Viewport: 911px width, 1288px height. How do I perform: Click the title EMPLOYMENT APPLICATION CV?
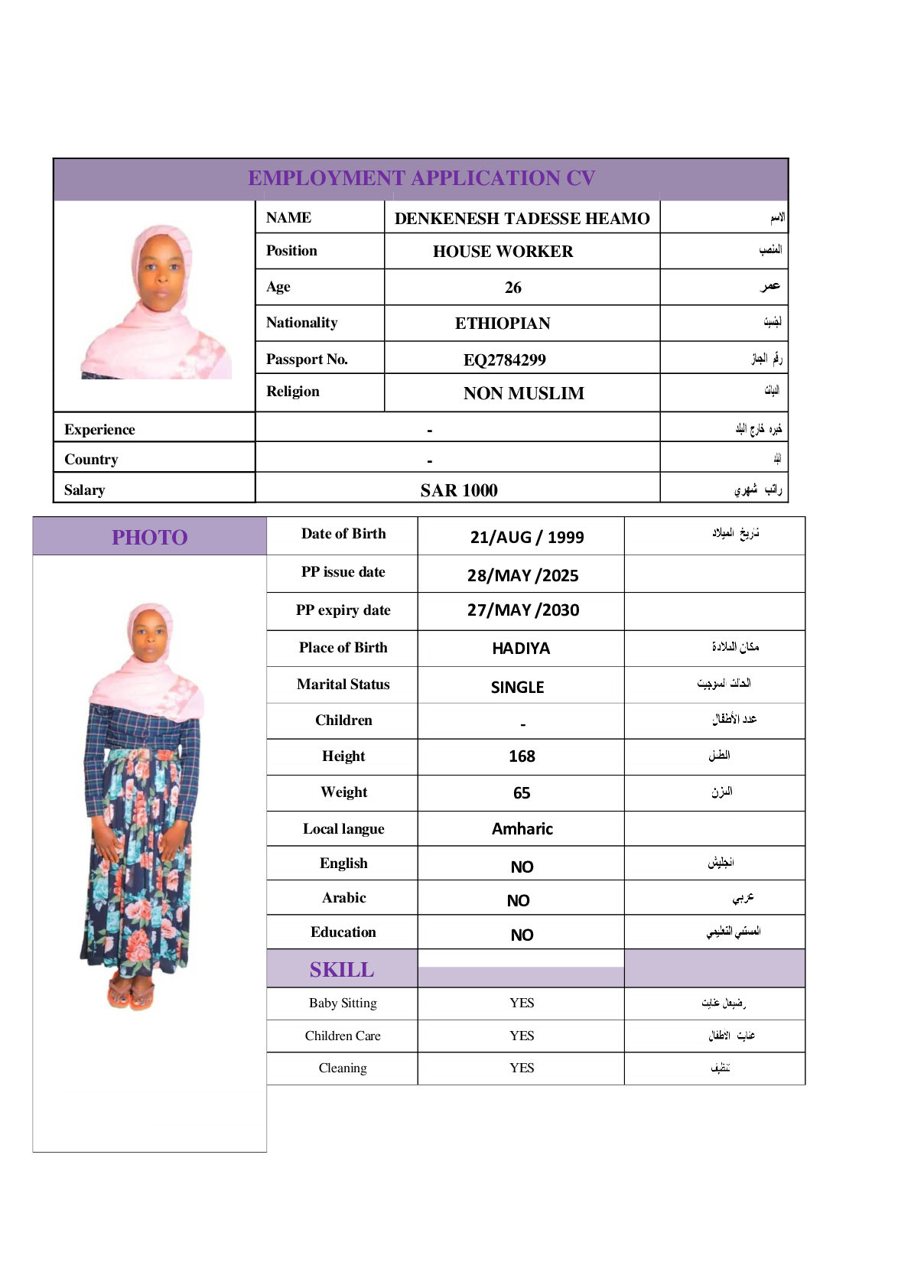coord(421,178)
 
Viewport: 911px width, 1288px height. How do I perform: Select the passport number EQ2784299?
coord(505,359)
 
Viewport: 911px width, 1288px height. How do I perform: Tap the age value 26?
coord(513,288)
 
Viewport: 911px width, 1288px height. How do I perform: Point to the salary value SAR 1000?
coord(459,490)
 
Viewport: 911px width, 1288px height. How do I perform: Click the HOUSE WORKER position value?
coord(503,252)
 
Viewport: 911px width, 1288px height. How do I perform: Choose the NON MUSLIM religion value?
coord(523,393)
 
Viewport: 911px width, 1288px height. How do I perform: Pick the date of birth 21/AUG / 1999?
coord(527,537)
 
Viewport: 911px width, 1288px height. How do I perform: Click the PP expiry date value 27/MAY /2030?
coord(523,610)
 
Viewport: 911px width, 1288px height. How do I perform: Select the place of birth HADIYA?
coord(521,649)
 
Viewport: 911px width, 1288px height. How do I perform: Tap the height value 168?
coord(522,756)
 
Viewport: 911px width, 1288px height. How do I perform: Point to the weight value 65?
coord(522,793)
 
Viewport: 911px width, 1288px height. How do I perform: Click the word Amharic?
coord(522,829)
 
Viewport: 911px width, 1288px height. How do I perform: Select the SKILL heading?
coord(342,970)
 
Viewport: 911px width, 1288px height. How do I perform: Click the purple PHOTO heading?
coord(150,538)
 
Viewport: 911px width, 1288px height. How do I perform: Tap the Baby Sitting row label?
coord(343,1003)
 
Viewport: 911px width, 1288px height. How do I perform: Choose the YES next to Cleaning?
coord(522,1068)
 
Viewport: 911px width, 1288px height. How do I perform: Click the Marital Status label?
coord(343,685)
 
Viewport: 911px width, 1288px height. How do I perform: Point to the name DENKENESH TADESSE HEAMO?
coord(522,219)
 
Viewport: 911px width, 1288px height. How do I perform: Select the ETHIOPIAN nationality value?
coord(503,324)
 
